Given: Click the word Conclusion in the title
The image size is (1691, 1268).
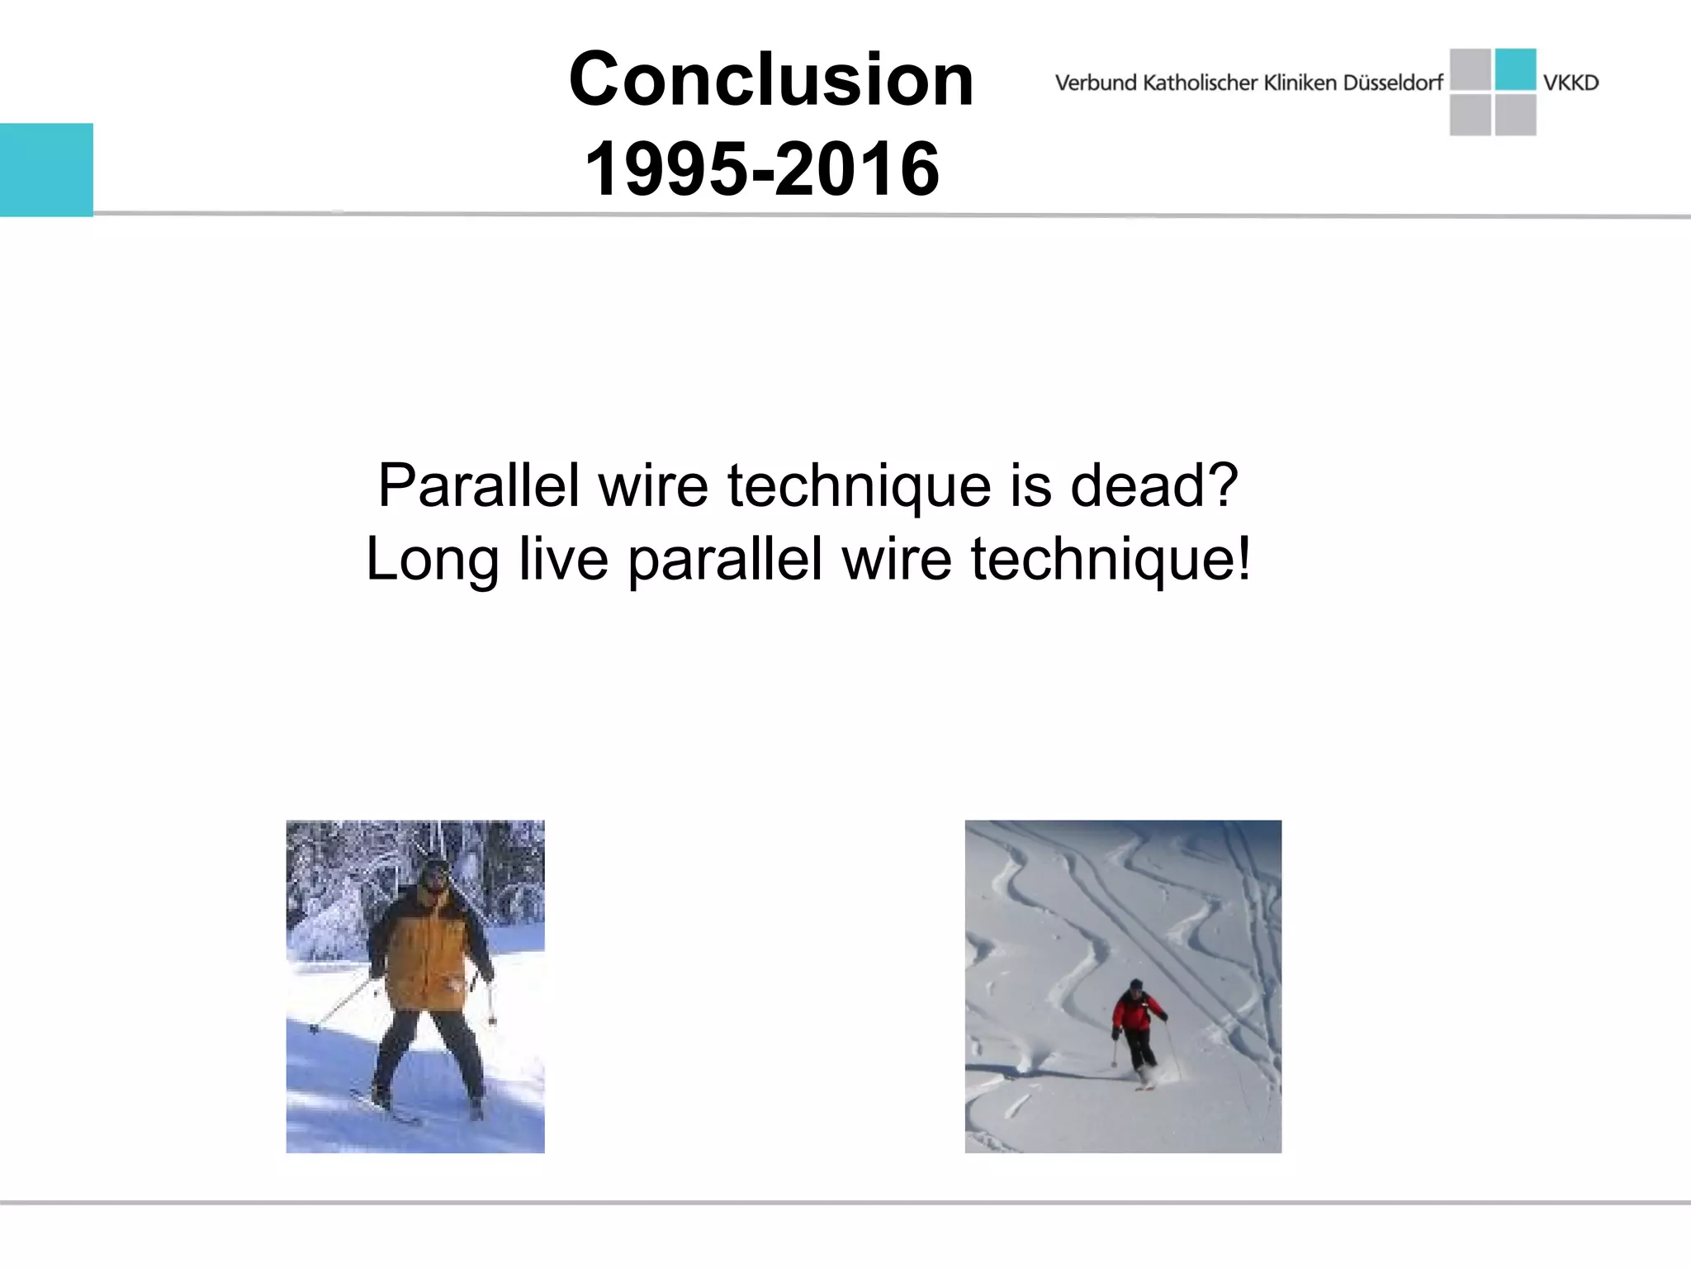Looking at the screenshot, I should coord(771,79).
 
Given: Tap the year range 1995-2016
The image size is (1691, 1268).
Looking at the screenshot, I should coord(761,168).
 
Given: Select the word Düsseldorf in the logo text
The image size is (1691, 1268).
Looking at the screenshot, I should coord(1393,83).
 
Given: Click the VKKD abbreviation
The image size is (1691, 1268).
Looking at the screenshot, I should coord(1570,83).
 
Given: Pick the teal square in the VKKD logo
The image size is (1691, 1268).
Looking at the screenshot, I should coord(1515,69).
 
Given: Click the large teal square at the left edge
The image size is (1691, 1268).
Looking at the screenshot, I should coord(46,169).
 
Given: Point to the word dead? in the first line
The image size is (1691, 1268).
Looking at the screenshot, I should coord(1154,485).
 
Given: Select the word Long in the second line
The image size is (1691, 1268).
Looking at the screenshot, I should coord(432,560).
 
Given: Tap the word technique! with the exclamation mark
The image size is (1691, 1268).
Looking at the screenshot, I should coord(1111,560).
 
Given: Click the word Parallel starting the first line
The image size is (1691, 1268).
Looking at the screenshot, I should coord(479,485).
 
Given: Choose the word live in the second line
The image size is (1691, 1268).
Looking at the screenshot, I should coord(564,560).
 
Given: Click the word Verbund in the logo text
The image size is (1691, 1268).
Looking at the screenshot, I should coord(1096,83).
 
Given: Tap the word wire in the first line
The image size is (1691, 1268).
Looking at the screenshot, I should coord(653,485).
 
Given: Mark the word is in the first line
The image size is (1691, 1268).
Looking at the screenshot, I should coord(1031,485).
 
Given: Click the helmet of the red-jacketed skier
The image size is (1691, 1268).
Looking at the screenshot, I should coord(1136,985).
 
